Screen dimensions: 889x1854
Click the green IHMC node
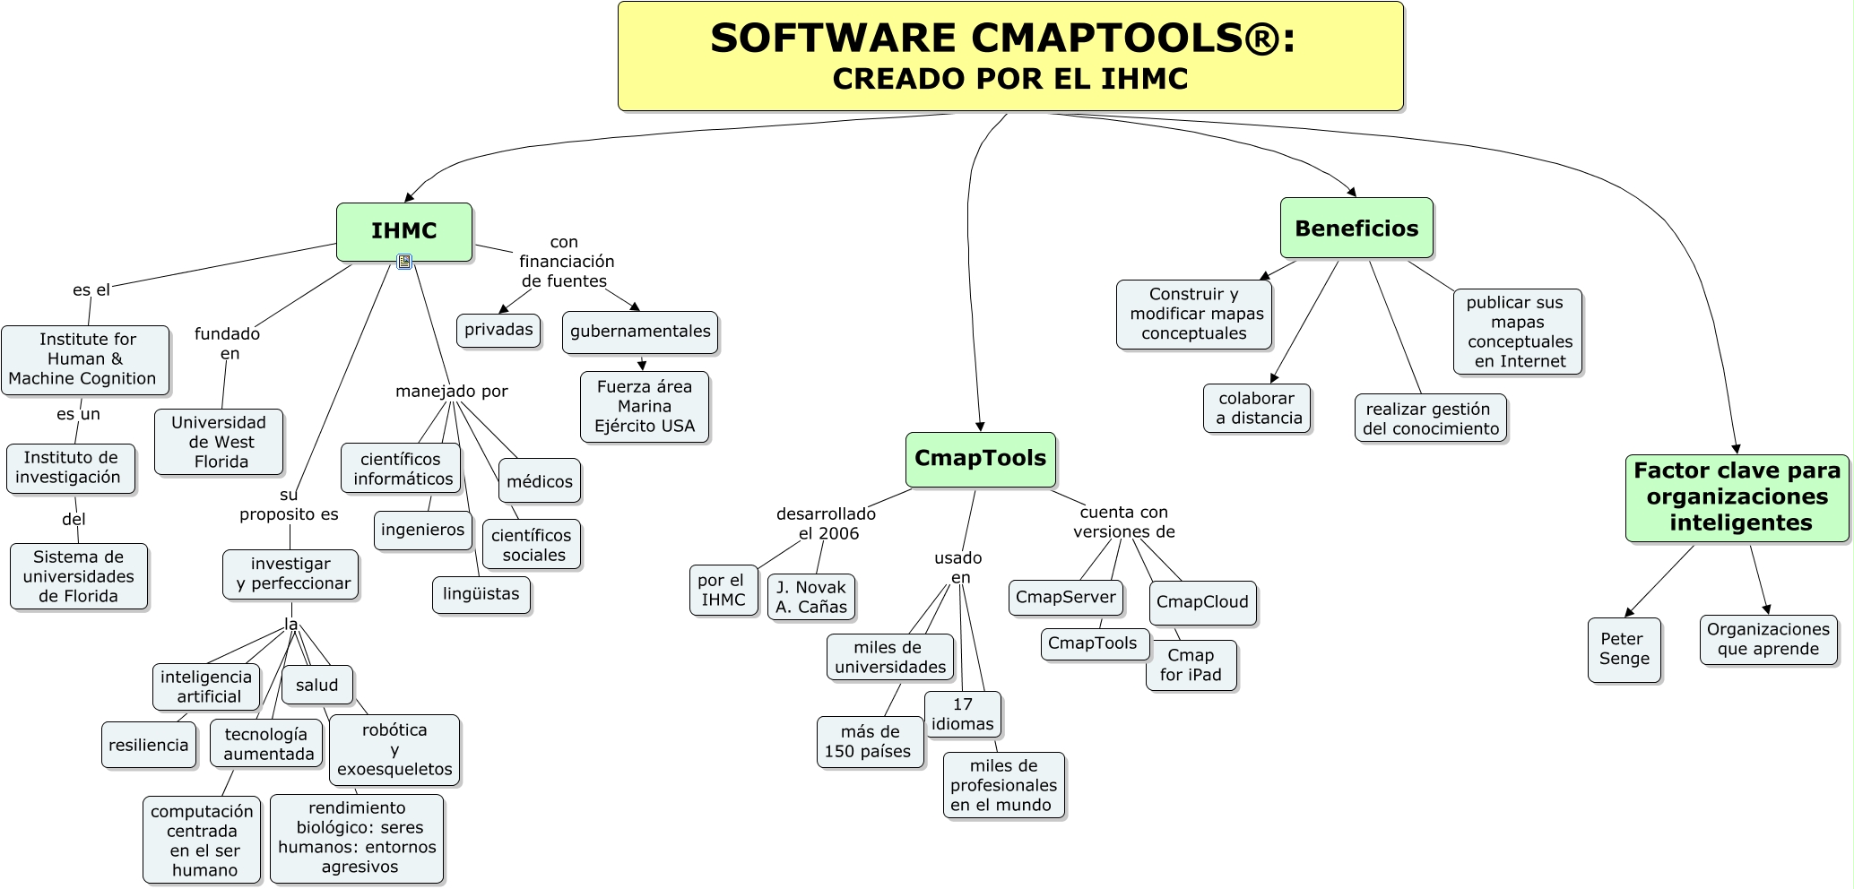pos(404,231)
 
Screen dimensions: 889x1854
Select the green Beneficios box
pos(1356,229)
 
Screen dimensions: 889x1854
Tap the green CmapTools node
pos(980,459)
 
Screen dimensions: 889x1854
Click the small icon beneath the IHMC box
pos(404,262)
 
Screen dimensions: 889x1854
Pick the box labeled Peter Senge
pos(1624,650)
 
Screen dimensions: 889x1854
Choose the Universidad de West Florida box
pos(219,442)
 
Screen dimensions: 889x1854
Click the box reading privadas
pos(498,330)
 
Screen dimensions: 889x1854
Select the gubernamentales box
pos(640,332)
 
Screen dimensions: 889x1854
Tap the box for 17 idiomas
pos(962,714)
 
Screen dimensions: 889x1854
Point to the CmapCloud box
pos(1202,602)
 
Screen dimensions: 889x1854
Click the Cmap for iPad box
pos(1191,665)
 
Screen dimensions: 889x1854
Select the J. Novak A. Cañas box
pos(811,597)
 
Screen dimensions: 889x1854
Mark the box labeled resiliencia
pos(149,745)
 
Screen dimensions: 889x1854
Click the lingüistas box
pos(481,594)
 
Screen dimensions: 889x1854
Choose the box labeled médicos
pos(540,481)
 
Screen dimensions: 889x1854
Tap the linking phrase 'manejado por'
pos(452,392)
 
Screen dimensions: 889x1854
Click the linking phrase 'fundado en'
pos(228,343)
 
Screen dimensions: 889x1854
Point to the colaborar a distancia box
pos(1257,409)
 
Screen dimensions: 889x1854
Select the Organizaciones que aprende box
pos(1768,639)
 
